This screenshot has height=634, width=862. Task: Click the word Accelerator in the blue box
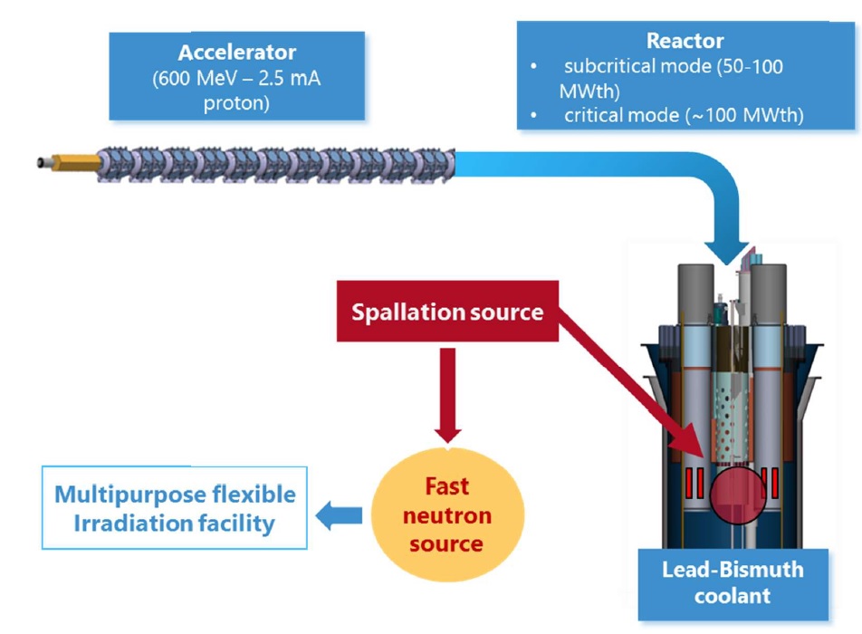(x=236, y=53)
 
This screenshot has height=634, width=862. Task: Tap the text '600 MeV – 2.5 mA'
(x=236, y=79)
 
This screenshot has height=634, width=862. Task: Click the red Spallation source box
(x=447, y=312)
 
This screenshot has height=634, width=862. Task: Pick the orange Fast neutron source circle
(x=446, y=515)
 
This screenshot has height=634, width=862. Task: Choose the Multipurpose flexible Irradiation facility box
(x=175, y=508)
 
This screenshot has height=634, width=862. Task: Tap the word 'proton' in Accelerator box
(x=236, y=103)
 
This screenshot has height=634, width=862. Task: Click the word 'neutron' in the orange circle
(x=446, y=516)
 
